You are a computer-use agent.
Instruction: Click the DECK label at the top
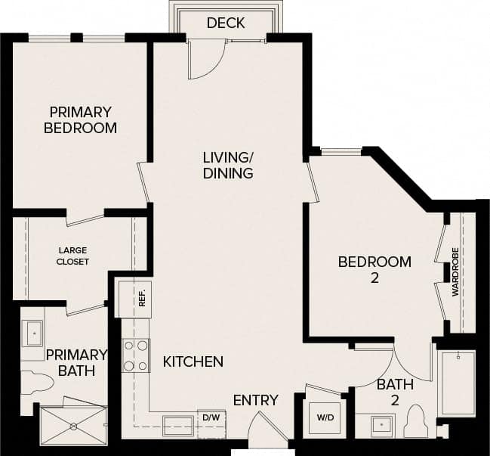click(x=225, y=23)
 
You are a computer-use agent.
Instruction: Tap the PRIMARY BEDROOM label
click(x=80, y=119)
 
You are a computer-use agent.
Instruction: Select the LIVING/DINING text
click(x=227, y=165)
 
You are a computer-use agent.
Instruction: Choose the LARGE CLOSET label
click(x=73, y=256)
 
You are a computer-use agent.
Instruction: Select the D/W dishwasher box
click(x=211, y=417)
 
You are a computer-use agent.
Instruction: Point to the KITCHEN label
click(x=193, y=361)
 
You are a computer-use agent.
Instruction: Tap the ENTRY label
click(x=255, y=400)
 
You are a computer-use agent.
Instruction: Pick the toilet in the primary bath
click(x=35, y=382)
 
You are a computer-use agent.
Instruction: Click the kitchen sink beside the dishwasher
click(x=179, y=423)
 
